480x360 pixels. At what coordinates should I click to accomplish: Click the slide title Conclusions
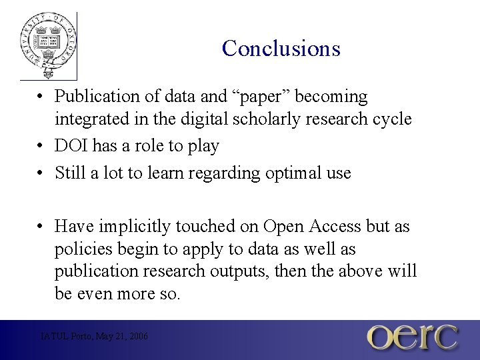(x=281, y=49)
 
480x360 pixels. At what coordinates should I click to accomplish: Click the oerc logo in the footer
(x=413, y=337)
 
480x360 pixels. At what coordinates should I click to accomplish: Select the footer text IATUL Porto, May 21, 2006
(x=94, y=337)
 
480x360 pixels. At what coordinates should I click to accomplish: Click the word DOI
(x=71, y=146)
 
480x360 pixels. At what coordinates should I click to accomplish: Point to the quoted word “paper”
(x=261, y=97)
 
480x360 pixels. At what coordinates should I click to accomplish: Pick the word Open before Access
(x=284, y=227)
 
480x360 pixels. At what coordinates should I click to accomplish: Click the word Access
(x=335, y=227)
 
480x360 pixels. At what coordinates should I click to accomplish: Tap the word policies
(x=81, y=250)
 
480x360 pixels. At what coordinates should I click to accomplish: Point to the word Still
(x=69, y=173)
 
